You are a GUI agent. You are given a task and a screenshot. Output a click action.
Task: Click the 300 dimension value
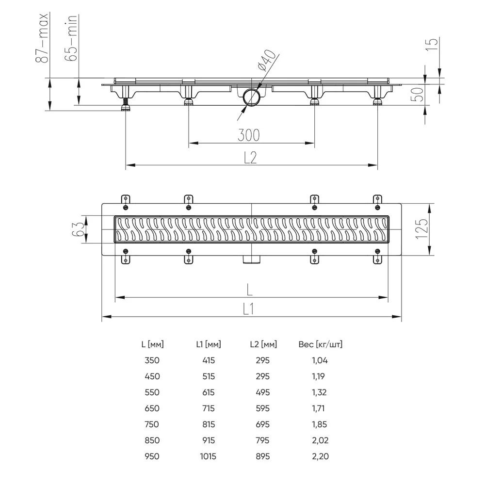(248, 135)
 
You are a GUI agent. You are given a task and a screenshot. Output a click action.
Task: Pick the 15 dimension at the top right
(434, 45)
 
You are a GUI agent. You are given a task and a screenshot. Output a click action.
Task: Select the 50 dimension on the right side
(418, 94)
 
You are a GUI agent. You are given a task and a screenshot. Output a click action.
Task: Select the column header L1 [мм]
(209, 345)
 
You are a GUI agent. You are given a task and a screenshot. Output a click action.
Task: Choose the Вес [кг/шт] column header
(320, 345)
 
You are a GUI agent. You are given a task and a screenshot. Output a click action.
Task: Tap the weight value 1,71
(320, 408)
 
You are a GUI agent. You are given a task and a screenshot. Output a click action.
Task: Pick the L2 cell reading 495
(262, 392)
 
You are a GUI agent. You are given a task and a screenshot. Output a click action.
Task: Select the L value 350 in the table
(152, 360)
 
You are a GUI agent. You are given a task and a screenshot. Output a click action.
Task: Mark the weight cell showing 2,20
(320, 456)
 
